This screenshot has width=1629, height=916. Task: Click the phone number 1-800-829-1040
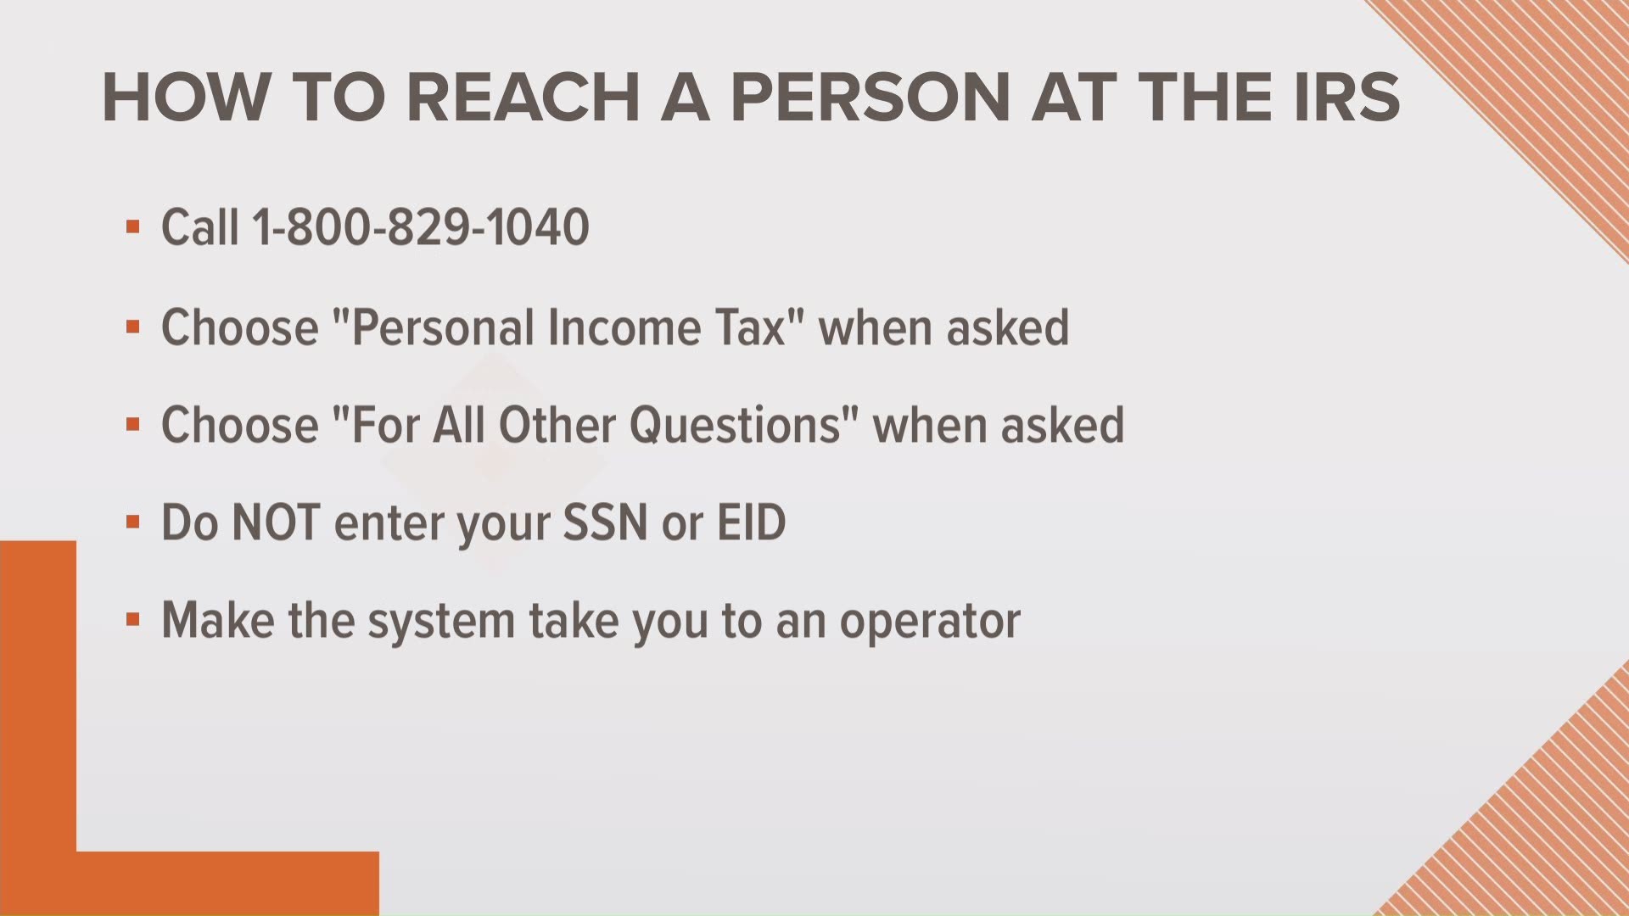(421, 227)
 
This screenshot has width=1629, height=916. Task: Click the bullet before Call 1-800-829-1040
(132, 227)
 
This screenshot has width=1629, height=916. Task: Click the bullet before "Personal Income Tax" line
(132, 327)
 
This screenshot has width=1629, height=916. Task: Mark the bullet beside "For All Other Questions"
(132, 424)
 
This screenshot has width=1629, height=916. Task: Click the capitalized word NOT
(275, 522)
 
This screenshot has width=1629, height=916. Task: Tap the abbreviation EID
(752, 522)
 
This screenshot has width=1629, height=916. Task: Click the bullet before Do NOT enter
(132, 522)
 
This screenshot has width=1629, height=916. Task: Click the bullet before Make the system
(132, 620)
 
